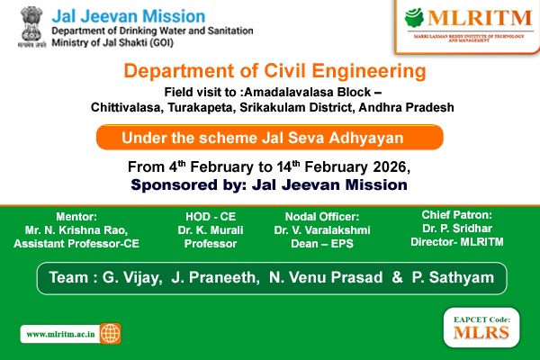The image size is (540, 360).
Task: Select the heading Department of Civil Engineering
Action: pos(273,72)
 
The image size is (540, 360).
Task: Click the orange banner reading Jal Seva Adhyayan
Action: pos(269,138)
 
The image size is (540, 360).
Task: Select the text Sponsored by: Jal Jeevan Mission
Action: pos(269,184)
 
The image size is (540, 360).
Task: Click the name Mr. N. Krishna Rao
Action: pos(82,229)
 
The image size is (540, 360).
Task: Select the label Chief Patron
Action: pos(457,214)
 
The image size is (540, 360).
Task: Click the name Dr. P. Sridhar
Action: pos(457,229)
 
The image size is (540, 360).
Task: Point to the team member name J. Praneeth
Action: pos(218,277)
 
